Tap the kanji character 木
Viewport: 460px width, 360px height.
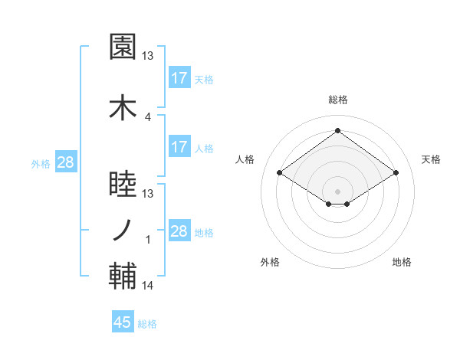coord(123,108)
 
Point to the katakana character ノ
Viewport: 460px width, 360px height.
coord(123,229)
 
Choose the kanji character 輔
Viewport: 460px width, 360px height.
coord(123,277)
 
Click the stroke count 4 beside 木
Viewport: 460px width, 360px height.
coord(148,116)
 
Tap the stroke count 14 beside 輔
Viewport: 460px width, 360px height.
coord(148,286)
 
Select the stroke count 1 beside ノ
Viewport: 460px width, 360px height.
coord(148,240)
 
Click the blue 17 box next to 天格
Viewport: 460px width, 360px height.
coord(179,78)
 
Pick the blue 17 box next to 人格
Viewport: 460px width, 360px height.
coord(179,147)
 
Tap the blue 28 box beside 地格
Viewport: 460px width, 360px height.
coord(179,231)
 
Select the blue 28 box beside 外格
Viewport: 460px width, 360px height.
coord(66,162)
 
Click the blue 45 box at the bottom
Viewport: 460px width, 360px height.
coord(123,322)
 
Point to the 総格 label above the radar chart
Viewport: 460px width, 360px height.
coord(338,100)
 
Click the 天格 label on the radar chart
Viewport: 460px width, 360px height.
coord(431,159)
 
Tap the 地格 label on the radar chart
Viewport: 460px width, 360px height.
coord(402,262)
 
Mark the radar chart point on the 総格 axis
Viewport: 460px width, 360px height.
coord(337,131)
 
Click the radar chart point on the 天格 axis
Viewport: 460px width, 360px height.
coord(396,173)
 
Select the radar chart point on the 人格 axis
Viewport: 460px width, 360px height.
coord(280,173)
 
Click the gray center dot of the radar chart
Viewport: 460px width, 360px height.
coord(337,190)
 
